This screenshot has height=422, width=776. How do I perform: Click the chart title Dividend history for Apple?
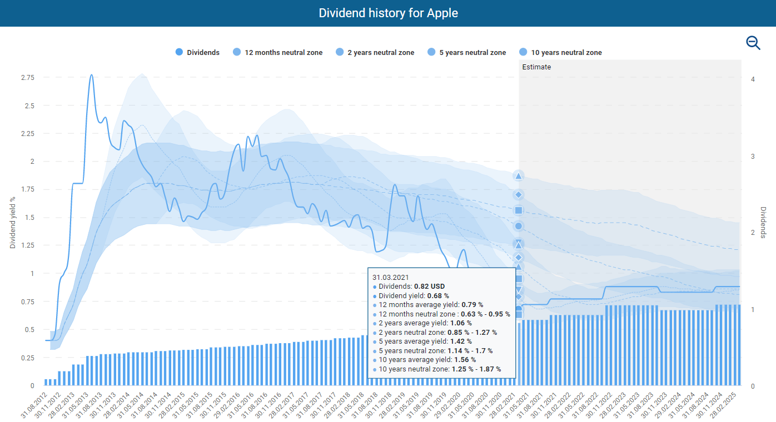388,13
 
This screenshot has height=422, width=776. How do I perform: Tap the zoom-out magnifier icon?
753,43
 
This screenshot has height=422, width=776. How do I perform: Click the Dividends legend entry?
197,52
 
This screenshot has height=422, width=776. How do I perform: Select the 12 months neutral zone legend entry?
277,52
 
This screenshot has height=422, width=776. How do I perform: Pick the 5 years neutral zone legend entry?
466,52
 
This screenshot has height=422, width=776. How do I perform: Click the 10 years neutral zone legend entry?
560,52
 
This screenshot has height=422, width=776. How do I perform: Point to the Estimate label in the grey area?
536,67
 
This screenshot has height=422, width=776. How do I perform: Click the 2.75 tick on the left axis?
27,77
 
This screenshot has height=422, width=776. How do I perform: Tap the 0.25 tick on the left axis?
27,358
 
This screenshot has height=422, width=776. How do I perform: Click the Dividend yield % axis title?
13,222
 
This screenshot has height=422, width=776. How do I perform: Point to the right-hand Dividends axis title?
763,222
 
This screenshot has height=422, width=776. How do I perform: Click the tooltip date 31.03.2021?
390,277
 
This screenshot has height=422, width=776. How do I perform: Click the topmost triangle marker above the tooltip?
518,176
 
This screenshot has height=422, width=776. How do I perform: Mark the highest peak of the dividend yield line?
91,75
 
